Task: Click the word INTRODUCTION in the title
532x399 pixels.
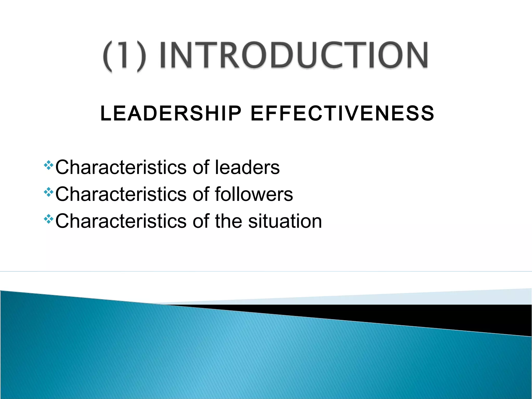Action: coord(294,55)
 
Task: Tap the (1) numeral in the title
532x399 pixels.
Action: coord(124,56)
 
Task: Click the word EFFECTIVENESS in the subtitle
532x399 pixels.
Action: coord(342,114)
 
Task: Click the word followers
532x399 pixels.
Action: coord(254,194)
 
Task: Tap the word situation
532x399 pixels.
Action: coord(285,221)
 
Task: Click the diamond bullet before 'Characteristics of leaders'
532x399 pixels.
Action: coord(49,165)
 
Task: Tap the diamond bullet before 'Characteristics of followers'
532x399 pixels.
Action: coord(49,192)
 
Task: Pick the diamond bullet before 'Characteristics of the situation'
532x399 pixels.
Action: coord(49,219)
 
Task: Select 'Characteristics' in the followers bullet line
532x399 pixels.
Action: coord(121,194)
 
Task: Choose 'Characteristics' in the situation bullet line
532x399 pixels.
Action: coord(121,221)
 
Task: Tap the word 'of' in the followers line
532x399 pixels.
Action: coord(201,194)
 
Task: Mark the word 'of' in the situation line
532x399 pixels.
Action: coord(201,221)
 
